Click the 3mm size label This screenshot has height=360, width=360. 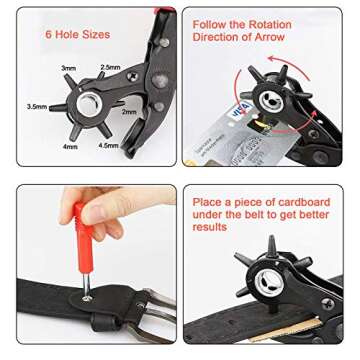[69, 69]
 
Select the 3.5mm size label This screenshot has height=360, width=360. [36, 105]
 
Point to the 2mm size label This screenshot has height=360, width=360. [129, 112]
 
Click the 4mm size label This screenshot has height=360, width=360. [70, 147]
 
